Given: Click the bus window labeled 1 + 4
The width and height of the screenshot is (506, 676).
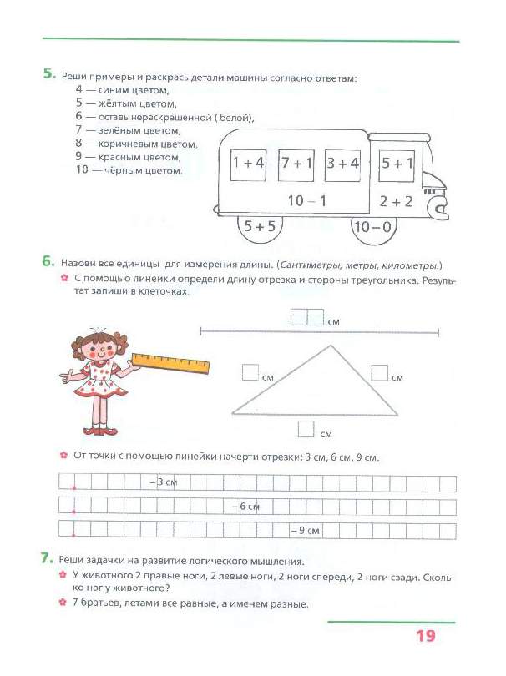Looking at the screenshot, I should coord(248,164).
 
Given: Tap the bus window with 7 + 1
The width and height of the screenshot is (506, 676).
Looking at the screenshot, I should coord(296,164).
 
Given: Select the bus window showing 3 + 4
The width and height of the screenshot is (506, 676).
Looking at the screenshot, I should coord(342,164).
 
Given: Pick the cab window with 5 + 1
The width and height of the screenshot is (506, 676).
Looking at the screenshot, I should coord(397,164).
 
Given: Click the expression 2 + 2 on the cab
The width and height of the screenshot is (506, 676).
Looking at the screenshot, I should coord(396,200).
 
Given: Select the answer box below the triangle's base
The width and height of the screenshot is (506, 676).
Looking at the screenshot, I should coord(306,429).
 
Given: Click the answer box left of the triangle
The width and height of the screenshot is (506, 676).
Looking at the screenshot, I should coord(250,372).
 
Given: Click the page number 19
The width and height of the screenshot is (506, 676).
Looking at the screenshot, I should coord(425,637).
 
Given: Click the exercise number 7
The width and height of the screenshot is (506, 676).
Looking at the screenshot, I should coord(48,557).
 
